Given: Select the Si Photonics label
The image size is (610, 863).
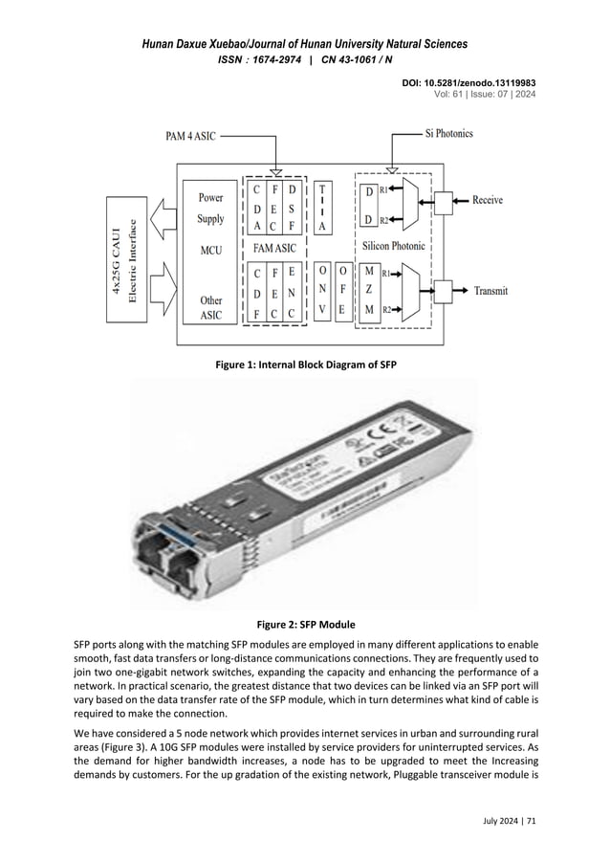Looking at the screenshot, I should (x=448, y=134).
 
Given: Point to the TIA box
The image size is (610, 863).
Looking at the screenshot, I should (x=323, y=206).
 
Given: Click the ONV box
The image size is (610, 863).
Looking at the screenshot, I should (x=322, y=290).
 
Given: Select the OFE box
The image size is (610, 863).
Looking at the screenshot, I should (x=341, y=290).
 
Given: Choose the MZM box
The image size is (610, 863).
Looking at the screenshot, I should (x=369, y=290).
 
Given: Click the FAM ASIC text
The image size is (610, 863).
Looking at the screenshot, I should (x=274, y=247).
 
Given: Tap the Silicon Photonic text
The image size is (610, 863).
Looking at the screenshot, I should (x=393, y=246).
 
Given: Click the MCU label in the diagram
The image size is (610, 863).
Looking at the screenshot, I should (x=210, y=251).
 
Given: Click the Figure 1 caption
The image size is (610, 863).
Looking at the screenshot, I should (x=305, y=365).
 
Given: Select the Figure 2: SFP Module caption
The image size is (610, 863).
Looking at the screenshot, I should (x=305, y=624).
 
